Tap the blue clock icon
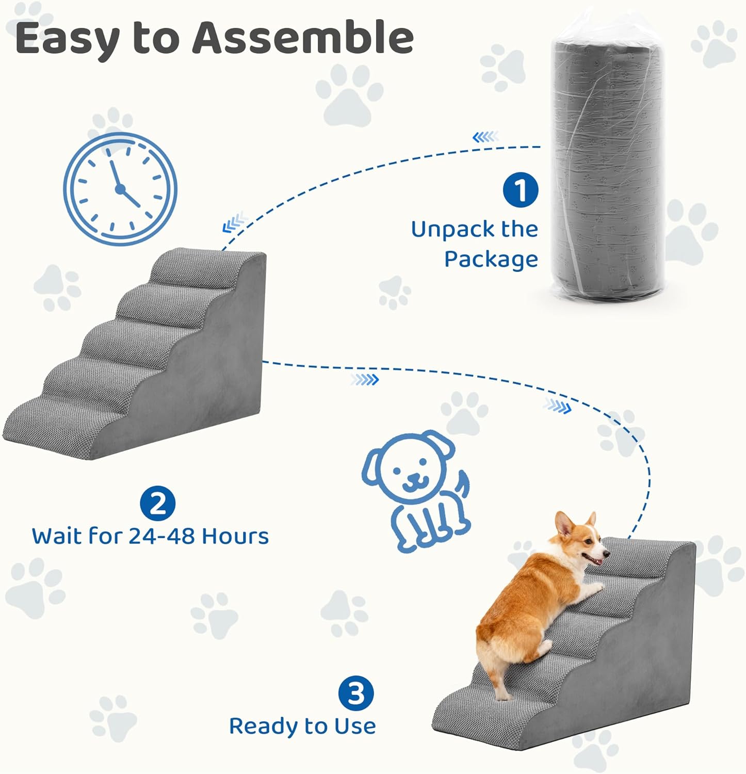coord(120,189)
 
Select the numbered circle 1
coord(521,190)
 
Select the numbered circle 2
coord(158,504)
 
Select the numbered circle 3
coord(356,693)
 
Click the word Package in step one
coord(491,260)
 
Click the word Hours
coord(235,536)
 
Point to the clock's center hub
coord(120,189)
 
